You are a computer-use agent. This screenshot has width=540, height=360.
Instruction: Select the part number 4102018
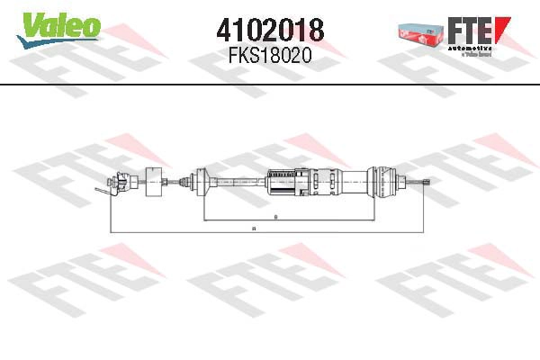coord(270,29)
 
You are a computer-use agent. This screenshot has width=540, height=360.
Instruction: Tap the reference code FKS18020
coord(270,54)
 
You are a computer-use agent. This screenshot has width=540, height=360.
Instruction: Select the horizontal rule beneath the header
coord(270,85)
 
